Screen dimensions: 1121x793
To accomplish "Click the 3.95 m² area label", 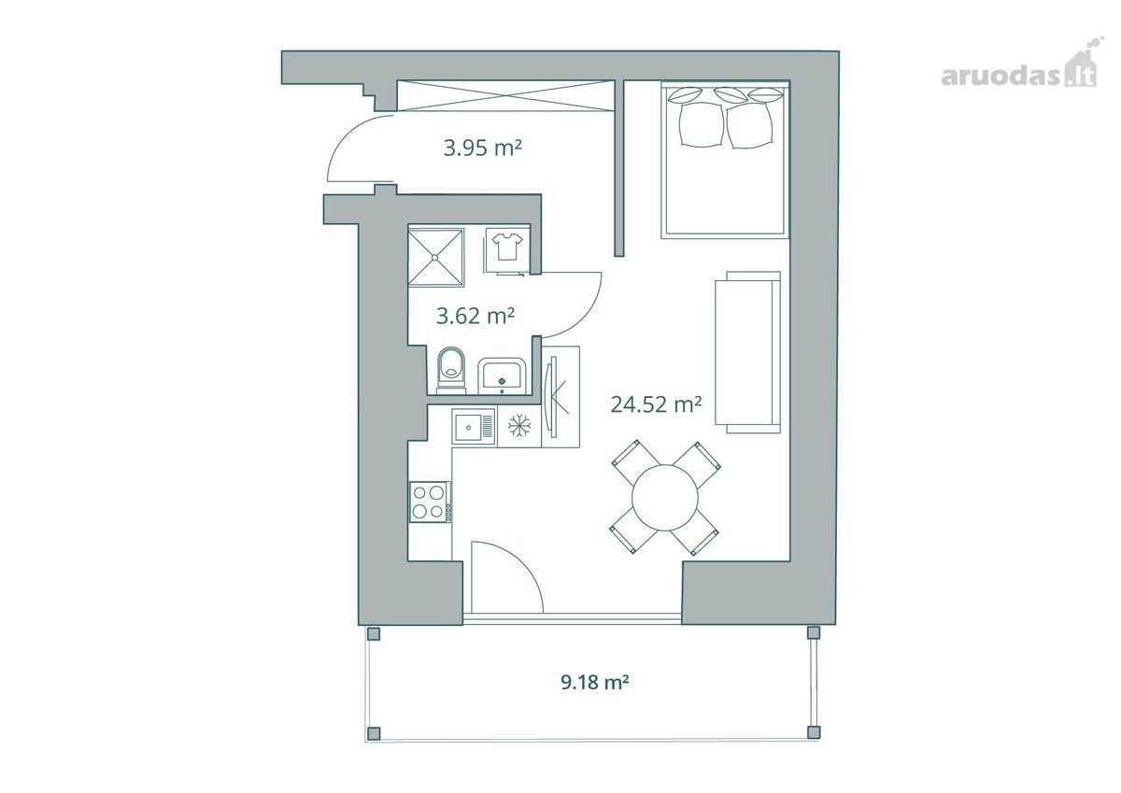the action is click(x=482, y=149).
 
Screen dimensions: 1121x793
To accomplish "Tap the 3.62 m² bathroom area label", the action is click(x=475, y=317).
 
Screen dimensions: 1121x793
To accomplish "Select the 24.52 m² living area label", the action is click(x=656, y=404).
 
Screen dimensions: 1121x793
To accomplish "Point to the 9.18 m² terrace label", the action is click(x=594, y=682).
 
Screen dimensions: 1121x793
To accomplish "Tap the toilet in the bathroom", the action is click(x=451, y=370).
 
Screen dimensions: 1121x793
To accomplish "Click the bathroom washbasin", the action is click(x=502, y=375).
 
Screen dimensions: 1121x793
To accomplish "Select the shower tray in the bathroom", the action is click(x=436, y=257).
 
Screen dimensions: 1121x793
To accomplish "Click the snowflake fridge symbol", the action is click(x=519, y=426).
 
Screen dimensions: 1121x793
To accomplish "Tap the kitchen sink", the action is click(x=474, y=426).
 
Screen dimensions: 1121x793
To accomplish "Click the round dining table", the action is click(x=664, y=498).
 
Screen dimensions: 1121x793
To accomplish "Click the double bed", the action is click(x=725, y=160).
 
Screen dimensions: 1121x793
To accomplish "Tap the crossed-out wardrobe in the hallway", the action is click(x=505, y=95).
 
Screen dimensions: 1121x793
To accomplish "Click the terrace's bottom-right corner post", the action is click(x=815, y=733).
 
